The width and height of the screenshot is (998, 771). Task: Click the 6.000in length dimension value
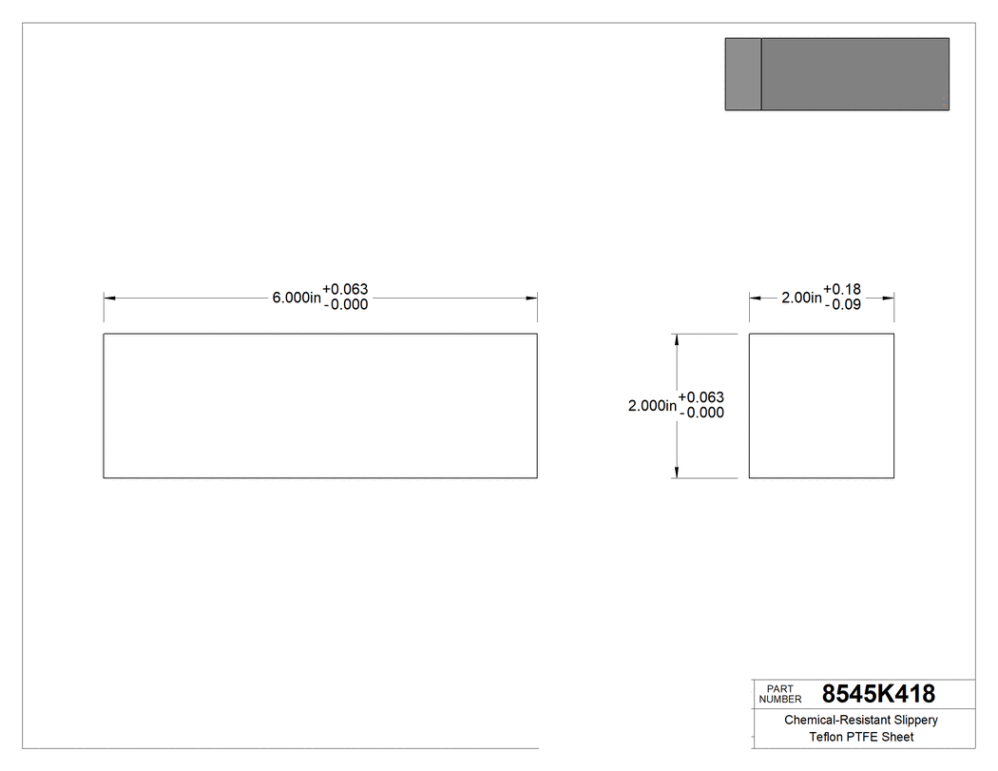[x=297, y=298]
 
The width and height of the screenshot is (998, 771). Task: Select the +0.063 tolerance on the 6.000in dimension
[x=345, y=290]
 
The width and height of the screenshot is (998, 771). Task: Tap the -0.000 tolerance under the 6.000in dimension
[x=345, y=305]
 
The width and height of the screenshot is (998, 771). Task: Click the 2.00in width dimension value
[x=801, y=298]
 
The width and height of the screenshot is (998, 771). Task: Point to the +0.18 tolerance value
[x=842, y=290]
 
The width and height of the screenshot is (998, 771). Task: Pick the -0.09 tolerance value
[x=842, y=305]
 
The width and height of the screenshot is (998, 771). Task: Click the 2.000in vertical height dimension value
[x=652, y=406]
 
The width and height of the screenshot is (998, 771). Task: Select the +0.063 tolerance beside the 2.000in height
[x=701, y=397]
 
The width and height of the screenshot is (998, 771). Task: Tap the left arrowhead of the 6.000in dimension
[x=109, y=299]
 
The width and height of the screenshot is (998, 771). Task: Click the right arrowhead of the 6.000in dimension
[x=531, y=299]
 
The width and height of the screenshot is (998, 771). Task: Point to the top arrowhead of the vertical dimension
[x=676, y=339]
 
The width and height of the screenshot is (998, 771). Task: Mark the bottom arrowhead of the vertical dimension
[x=676, y=472]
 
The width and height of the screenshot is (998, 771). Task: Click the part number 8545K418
[x=878, y=694]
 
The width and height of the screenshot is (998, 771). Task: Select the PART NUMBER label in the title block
[x=779, y=694]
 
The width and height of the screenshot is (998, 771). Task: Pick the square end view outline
[x=821, y=406]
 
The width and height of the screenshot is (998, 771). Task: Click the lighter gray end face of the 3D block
[x=743, y=74]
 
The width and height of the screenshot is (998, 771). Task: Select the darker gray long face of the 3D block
[x=855, y=74]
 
